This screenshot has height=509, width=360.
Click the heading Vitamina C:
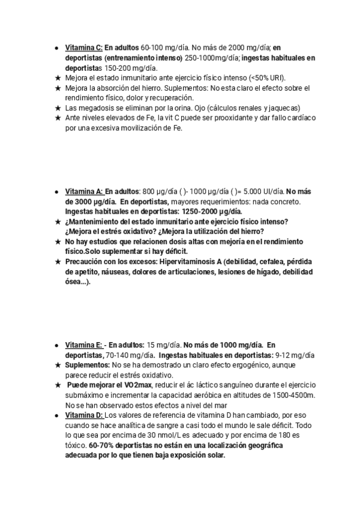(x=83, y=47)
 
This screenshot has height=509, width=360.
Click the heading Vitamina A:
(x=83, y=192)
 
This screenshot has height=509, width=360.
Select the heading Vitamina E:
(x=83, y=345)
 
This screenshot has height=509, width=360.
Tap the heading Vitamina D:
(x=83, y=415)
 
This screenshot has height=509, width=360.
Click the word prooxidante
(x=217, y=118)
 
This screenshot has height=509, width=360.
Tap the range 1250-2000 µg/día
(x=212, y=211)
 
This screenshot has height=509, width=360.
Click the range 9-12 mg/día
(x=295, y=355)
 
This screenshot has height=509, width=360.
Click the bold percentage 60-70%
(x=101, y=445)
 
